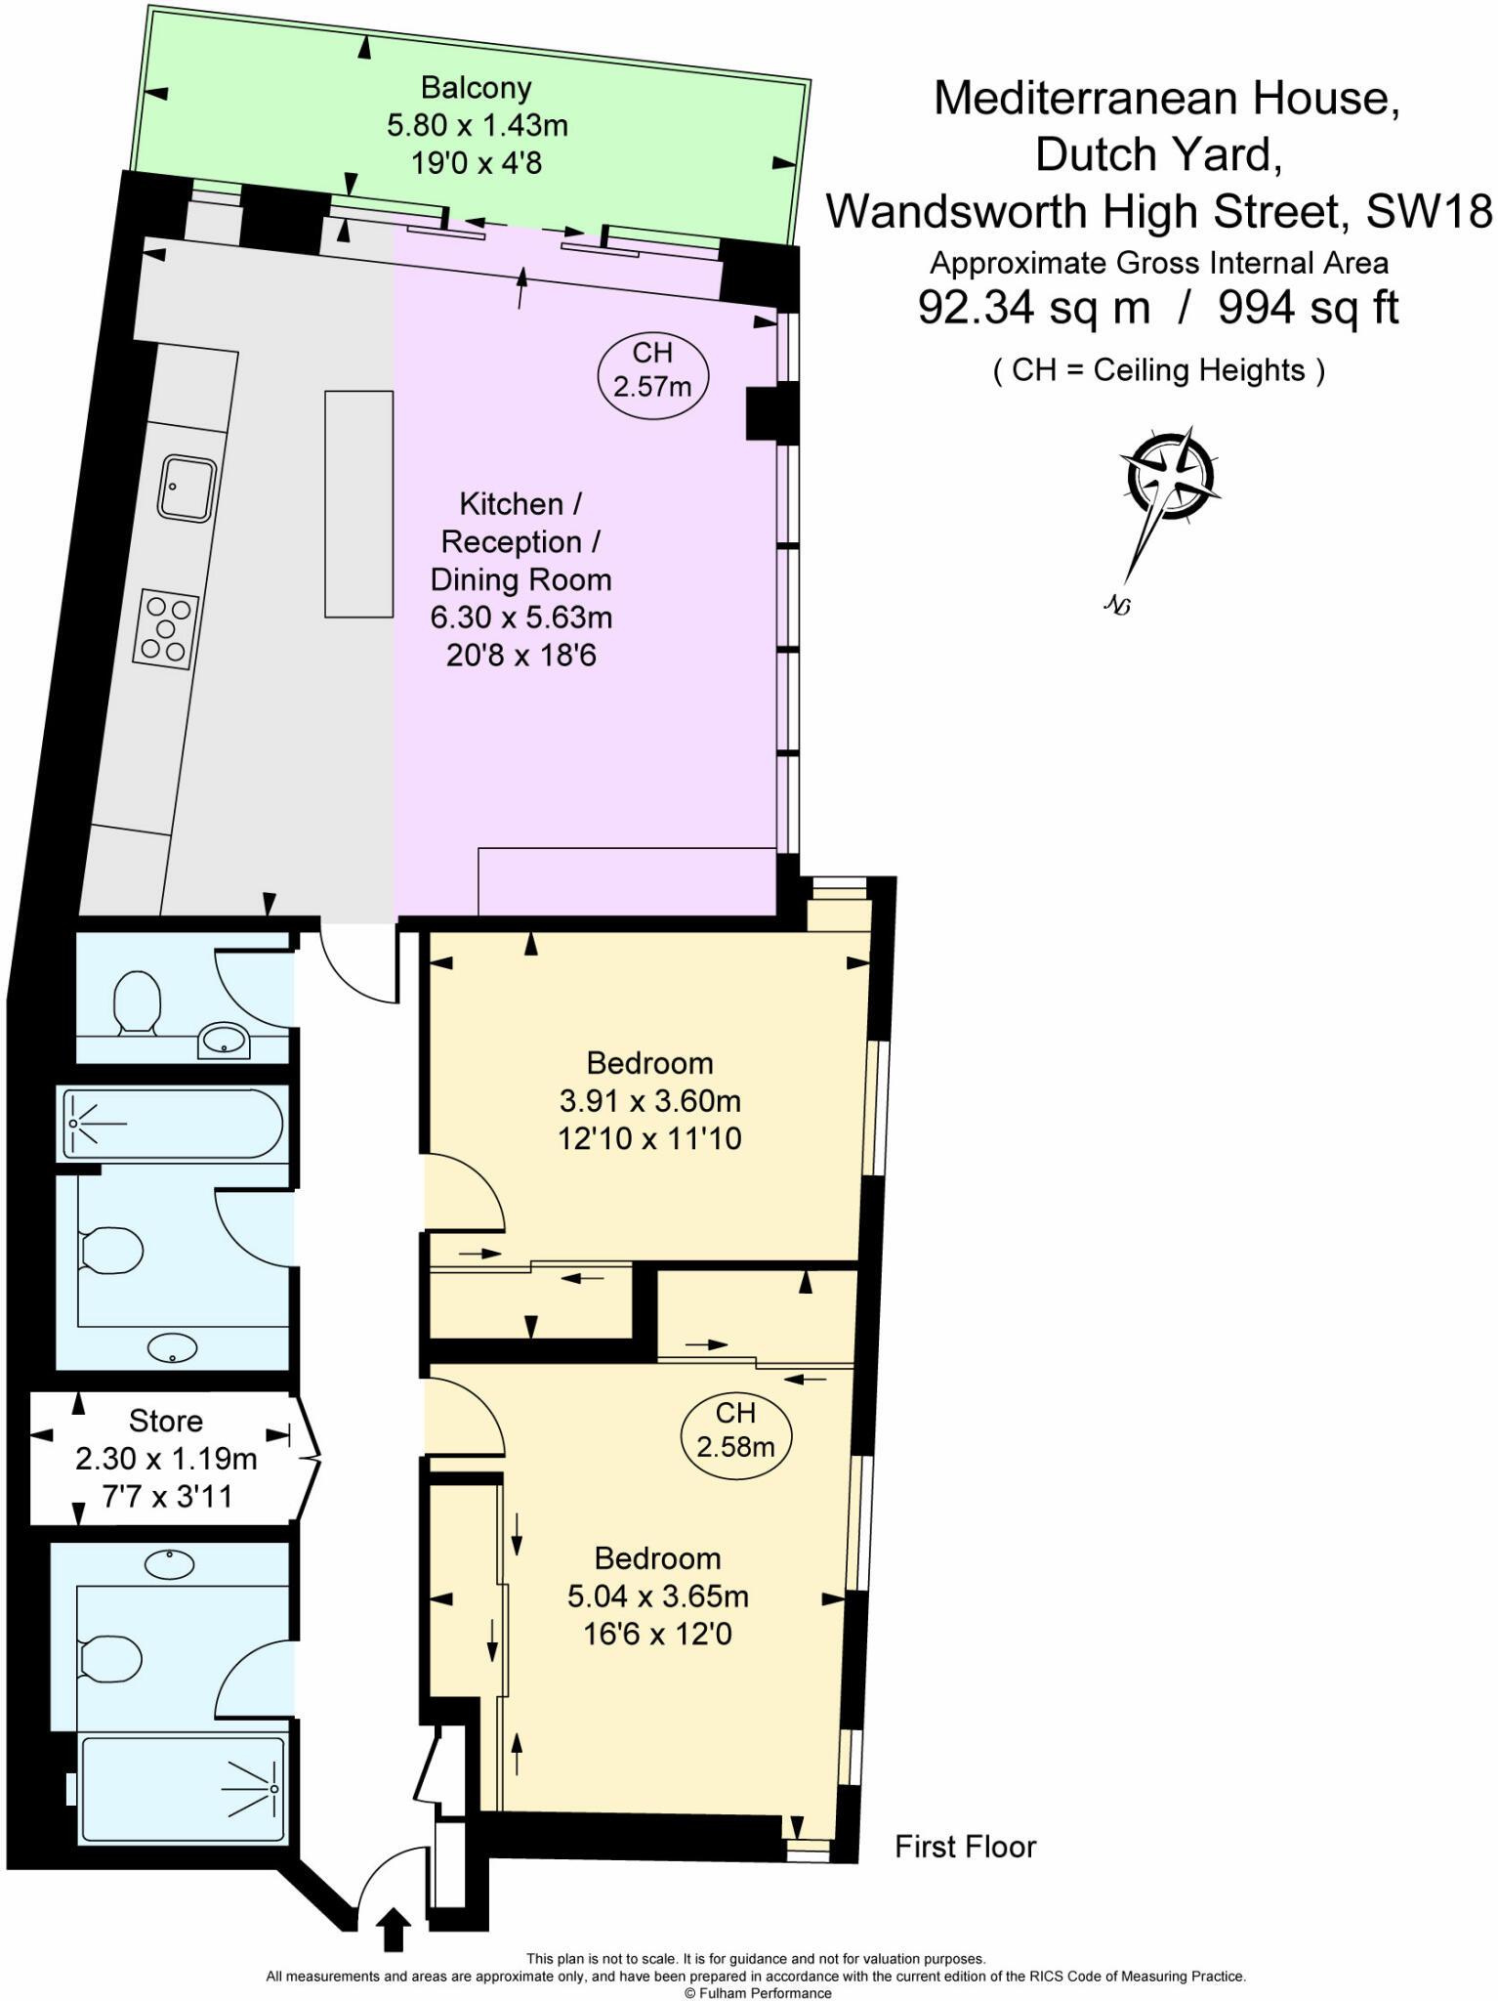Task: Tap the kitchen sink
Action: pos(187,488)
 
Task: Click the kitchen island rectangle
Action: pos(358,504)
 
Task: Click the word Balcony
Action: pos(476,88)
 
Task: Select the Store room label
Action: pos(166,1421)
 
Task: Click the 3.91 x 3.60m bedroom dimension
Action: pos(649,1101)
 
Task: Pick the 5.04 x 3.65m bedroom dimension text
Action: pos(657,1597)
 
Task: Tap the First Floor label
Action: pos(965,1847)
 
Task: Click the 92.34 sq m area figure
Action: pos(1033,309)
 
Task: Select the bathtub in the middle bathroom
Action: pos(173,1123)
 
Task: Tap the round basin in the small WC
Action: pos(224,1041)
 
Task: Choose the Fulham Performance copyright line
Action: pos(757,1993)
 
